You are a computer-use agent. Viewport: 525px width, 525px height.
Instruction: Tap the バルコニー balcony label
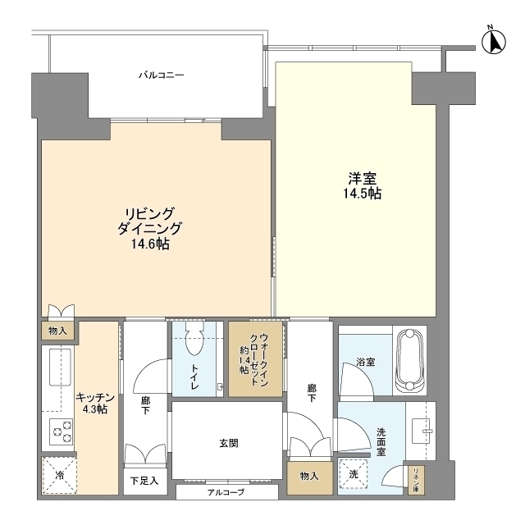coord(162,75)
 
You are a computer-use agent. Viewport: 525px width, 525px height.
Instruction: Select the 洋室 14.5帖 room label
coord(363,185)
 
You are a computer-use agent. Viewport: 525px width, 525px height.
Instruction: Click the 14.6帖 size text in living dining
coord(150,244)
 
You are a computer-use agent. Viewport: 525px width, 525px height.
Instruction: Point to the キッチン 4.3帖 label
coord(95,403)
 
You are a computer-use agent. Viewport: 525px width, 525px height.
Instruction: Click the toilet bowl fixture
coord(194,338)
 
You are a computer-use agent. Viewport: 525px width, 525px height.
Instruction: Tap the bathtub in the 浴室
coord(410,361)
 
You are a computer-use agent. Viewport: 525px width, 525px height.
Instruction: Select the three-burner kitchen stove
coord(62,431)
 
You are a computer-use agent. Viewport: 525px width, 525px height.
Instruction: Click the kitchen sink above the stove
coord(60,367)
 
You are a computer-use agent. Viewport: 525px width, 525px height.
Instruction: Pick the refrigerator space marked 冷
coord(59,475)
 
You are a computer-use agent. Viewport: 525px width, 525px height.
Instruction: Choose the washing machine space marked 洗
coord(354,474)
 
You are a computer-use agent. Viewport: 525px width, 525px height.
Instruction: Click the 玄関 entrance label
coord(229,443)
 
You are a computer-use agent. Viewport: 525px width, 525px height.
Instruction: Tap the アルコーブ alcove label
coord(226,492)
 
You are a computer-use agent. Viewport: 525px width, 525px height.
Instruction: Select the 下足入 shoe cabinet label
coord(144,481)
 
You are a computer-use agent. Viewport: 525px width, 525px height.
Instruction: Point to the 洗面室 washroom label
coord(381,442)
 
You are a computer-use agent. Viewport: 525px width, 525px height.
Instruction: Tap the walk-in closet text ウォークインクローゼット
coord(255,359)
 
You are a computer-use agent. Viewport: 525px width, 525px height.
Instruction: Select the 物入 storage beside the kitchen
coord(57,331)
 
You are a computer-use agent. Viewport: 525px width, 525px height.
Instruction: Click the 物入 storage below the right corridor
coord(309,476)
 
